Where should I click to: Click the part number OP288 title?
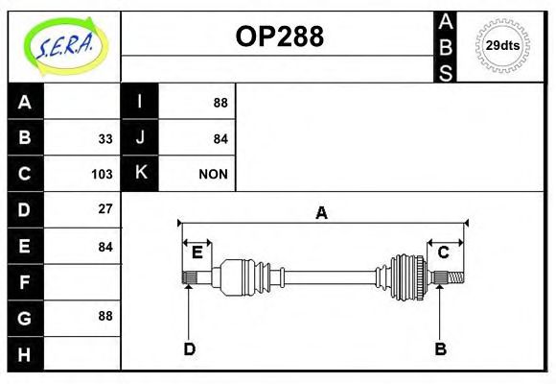tap(279, 36)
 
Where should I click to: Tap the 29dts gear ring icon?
tap(502, 45)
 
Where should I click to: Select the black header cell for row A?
tap(25, 102)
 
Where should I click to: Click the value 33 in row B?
tap(104, 138)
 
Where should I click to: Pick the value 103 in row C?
tap(103, 174)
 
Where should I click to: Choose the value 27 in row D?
tap(104, 208)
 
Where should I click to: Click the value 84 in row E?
tap(104, 247)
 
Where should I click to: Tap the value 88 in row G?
tap(104, 316)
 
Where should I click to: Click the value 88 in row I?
tap(220, 103)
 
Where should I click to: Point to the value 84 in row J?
tap(220, 138)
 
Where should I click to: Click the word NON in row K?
tap(213, 174)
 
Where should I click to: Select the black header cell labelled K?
tap(140, 173)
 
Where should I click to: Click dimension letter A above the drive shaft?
tap(322, 213)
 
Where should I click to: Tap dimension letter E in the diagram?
tap(197, 252)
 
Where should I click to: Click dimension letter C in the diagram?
tap(444, 252)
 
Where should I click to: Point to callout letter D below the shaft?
tap(190, 349)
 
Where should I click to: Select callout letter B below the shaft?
tap(441, 349)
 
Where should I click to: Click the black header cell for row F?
tap(25, 282)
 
